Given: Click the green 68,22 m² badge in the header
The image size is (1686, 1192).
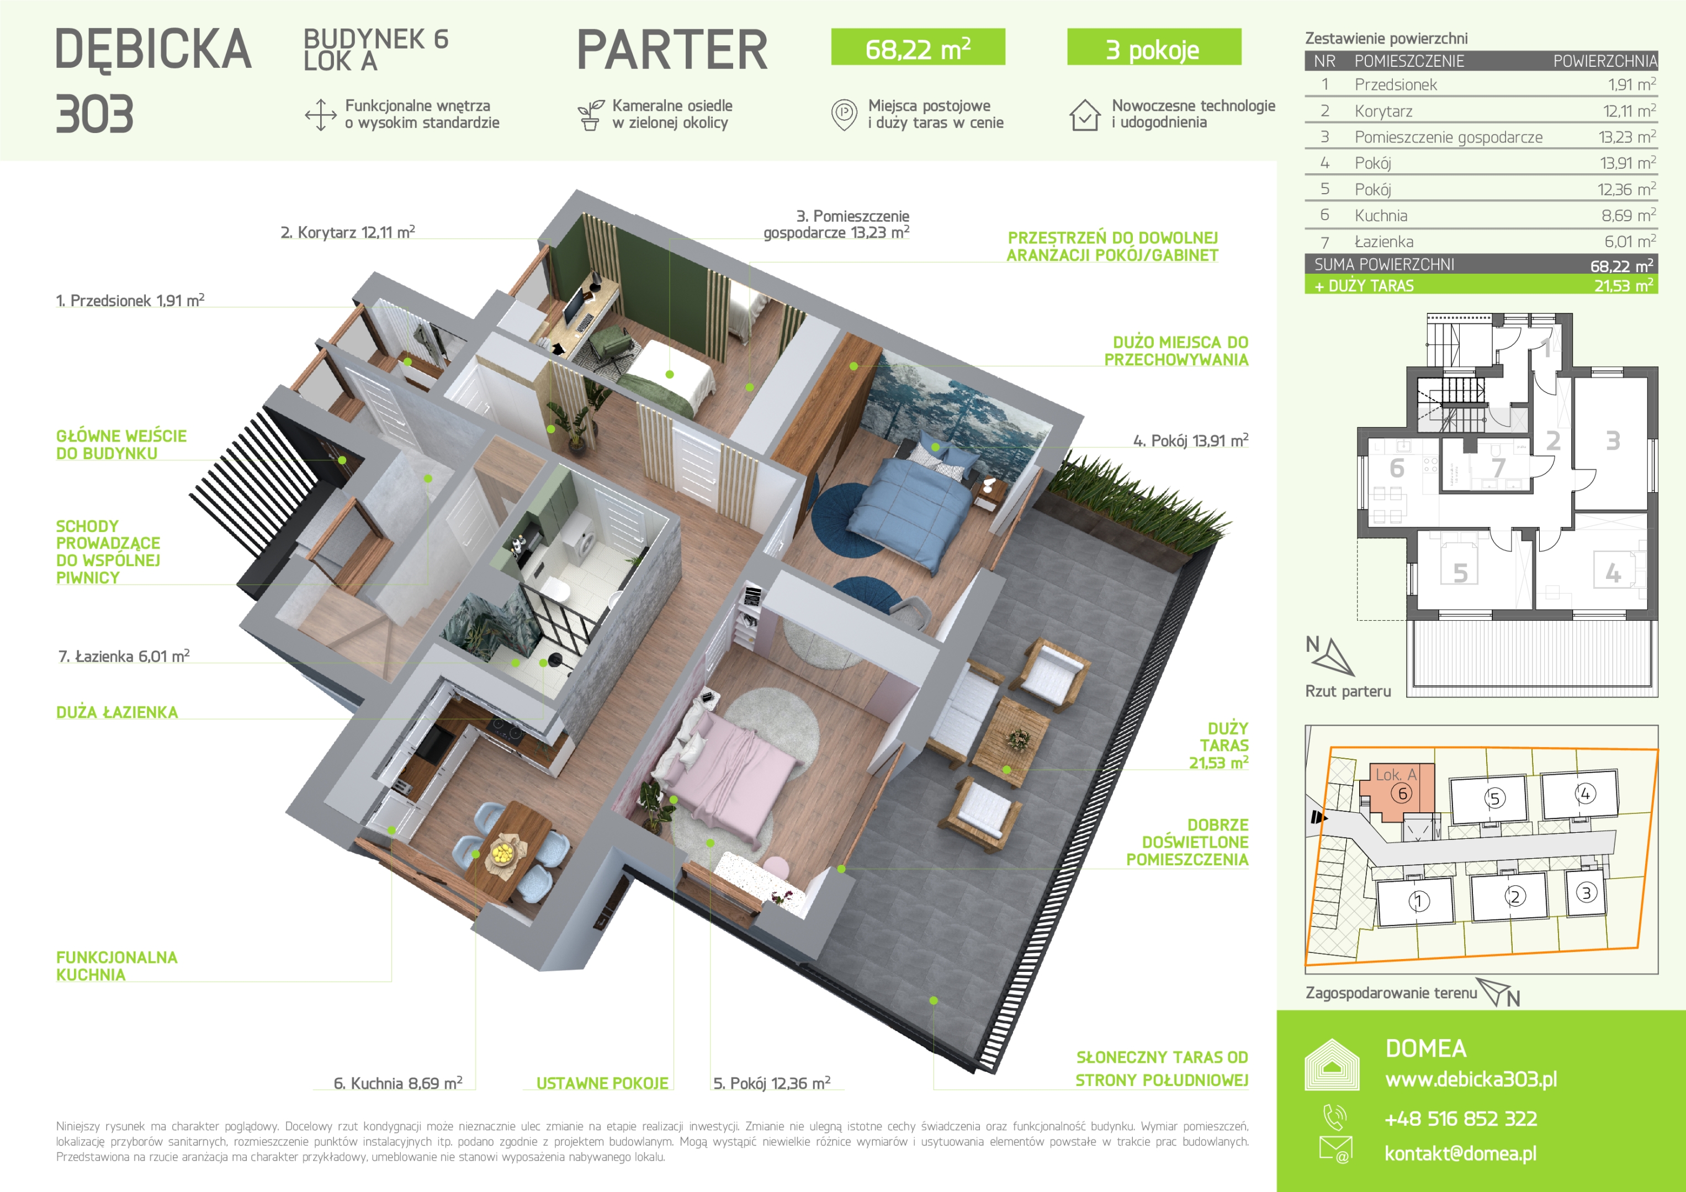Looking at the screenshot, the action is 918,47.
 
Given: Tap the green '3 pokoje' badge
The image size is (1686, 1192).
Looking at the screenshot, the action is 1154,47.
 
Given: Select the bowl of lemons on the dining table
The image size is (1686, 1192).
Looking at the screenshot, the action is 503,853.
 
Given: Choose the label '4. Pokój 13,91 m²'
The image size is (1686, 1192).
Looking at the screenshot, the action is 1190,440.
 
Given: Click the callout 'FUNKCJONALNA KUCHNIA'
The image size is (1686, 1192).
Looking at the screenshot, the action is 116,966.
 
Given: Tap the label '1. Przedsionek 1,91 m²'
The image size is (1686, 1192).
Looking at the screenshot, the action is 130,300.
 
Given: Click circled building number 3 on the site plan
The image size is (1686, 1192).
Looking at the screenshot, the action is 1586,892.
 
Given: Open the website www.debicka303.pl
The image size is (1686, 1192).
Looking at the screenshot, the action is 1471,1079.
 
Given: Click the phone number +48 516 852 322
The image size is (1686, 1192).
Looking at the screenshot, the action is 1461,1119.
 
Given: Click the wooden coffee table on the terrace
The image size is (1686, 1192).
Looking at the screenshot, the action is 1011,741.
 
